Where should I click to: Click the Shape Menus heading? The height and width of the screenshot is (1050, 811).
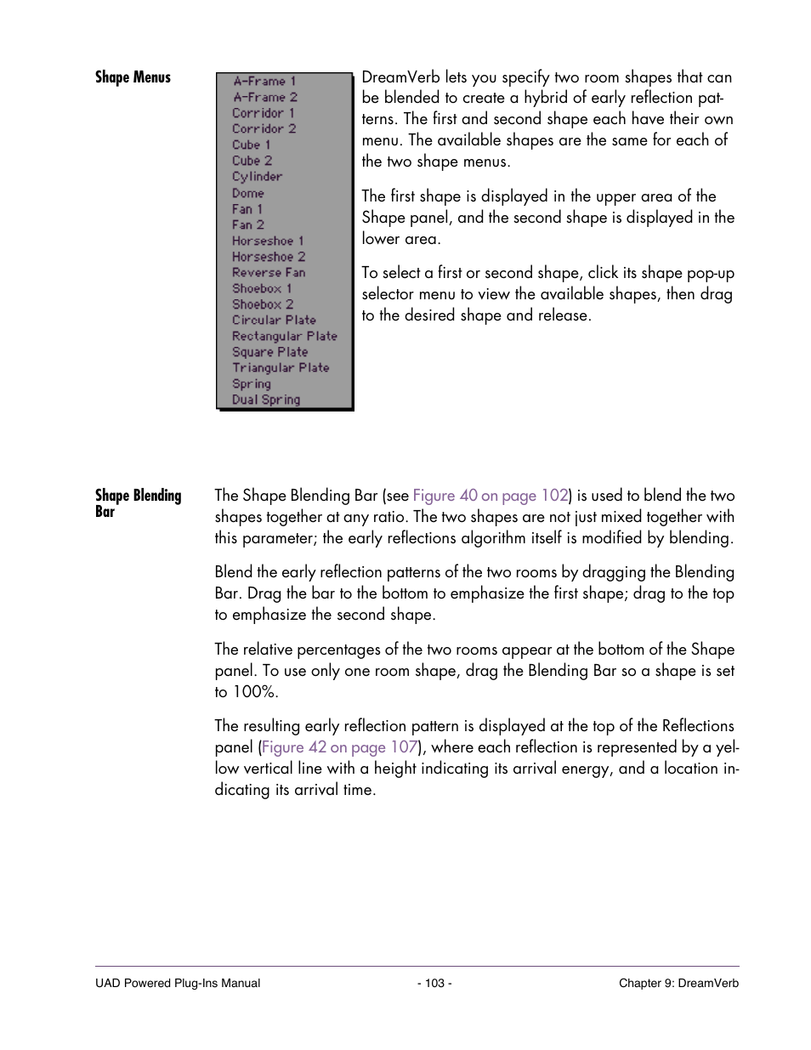coord(133,77)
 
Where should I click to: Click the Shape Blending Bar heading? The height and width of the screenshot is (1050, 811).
coord(138,502)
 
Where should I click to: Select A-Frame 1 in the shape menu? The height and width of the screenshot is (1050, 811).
coord(264,82)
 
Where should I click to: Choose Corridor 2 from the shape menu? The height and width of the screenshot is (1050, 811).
coord(264,129)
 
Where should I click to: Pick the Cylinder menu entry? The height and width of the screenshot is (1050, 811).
coord(257,177)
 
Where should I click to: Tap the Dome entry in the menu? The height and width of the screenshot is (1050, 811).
coord(247,193)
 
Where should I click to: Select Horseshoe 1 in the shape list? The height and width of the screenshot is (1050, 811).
coord(267,241)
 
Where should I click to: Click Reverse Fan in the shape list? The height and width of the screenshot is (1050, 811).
coord(269,273)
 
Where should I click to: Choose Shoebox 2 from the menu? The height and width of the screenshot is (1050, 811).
coord(263,304)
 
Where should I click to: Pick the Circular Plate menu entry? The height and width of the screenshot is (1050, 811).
coord(274,321)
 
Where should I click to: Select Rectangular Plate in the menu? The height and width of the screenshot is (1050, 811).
coord(284,337)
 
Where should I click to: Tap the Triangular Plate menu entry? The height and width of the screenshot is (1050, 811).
coord(281,368)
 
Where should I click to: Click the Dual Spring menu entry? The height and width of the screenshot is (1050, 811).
coord(266,400)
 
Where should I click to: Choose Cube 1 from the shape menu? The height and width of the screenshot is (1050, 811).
coord(251,145)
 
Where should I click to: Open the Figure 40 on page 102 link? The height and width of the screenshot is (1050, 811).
coord(490,496)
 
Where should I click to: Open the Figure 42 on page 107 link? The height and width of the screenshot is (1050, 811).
coord(339,747)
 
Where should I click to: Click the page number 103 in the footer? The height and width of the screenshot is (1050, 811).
coord(434,983)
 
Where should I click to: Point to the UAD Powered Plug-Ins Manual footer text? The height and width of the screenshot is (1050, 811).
coord(178,983)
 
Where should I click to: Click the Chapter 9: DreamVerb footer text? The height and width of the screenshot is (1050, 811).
coord(678,983)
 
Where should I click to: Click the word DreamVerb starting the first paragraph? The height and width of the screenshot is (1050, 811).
coord(400,77)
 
